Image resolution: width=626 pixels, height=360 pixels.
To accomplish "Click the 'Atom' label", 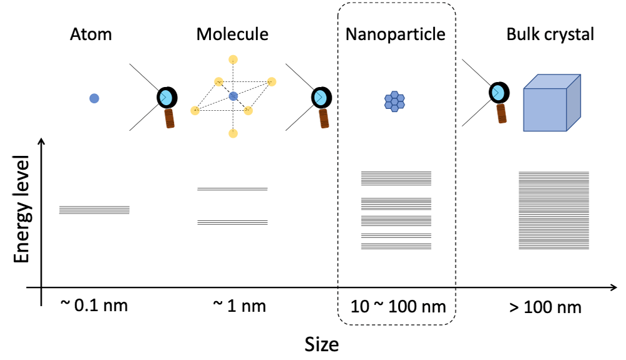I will [x=91, y=34].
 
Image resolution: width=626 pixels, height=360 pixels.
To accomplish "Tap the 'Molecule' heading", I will [x=232, y=34].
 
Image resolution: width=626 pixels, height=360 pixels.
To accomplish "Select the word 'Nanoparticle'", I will [x=396, y=34].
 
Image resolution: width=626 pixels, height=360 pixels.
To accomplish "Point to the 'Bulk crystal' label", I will [x=550, y=34].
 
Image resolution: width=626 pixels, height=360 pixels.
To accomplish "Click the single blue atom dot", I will [x=94, y=98].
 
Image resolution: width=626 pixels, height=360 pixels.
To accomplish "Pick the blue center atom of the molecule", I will [x=233, y=96].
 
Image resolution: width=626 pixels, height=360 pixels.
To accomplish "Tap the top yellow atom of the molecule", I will [x=233, y=60].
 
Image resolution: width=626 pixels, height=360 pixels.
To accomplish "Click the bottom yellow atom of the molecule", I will [x=233, y=133].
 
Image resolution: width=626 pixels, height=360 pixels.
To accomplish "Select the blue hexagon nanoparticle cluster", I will [x=394, y=101].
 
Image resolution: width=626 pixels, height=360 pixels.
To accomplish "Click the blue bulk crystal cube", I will [x=551, y=103].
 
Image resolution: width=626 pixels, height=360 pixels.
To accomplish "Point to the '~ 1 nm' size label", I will [x=239, y=306].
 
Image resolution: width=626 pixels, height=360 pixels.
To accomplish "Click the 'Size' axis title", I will [x=322, y=344].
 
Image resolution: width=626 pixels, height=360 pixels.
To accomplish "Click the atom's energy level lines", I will [x=94, y=210].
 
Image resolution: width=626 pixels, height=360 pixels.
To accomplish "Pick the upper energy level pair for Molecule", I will [x=232, y=188].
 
